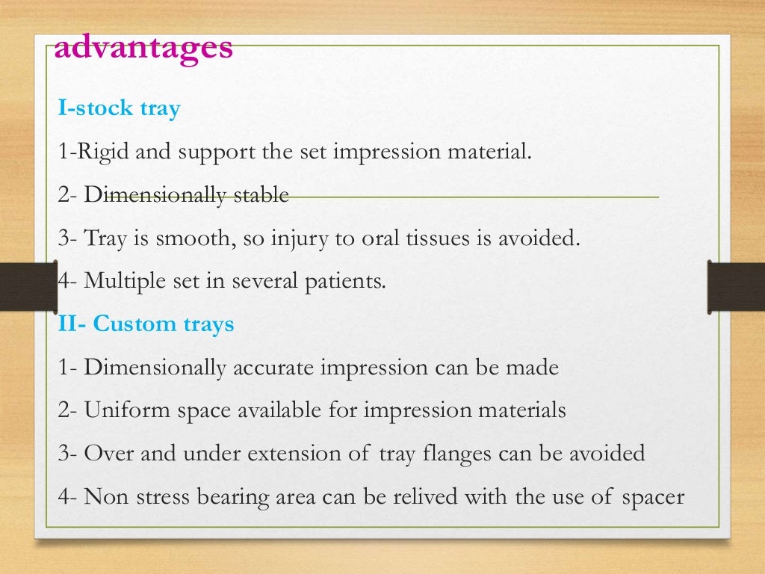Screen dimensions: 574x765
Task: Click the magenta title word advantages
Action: (x=144, y=48)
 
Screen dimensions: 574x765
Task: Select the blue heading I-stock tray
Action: (x=120, y=109)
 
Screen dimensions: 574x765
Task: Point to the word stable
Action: (x=262, y=196)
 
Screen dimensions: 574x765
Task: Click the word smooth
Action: (x=193, y=239)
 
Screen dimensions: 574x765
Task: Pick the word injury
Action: (x=299, y=239)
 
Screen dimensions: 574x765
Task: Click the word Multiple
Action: (x=121, y=282)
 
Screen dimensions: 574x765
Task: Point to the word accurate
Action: (x=274, y=368)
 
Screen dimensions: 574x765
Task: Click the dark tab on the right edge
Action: (x=737, y=286)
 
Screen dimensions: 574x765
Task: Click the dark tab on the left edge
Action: (x=28, y=286)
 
